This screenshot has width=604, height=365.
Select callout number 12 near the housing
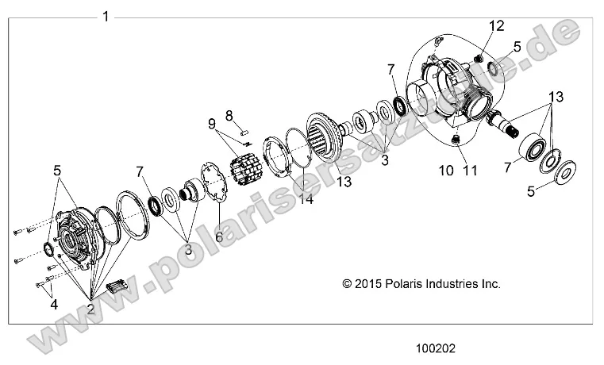coord(496,26)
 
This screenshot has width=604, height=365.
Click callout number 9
coord(212,124)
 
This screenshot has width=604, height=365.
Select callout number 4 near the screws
coord(52,302)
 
